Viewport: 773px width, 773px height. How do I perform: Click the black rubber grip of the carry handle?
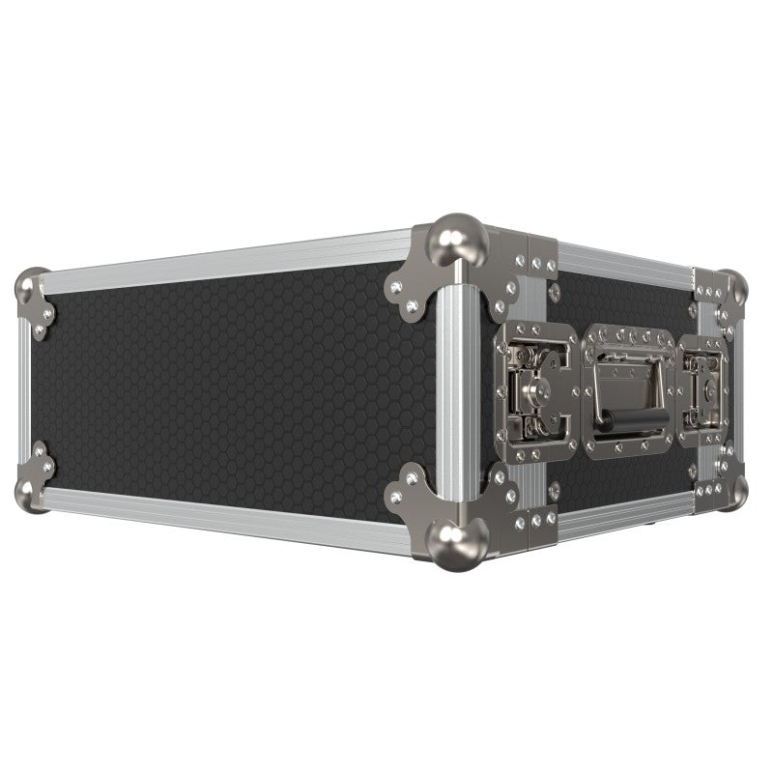619,420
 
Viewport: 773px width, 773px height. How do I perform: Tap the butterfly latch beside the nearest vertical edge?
534,386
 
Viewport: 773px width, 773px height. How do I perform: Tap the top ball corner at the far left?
30,285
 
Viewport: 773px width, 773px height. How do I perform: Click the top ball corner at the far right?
735,286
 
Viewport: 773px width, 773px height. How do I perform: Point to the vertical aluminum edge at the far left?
23,386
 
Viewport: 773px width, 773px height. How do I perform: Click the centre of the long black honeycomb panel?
232,386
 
